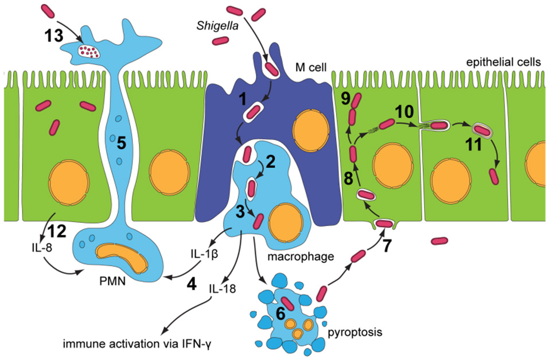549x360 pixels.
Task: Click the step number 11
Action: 471,145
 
